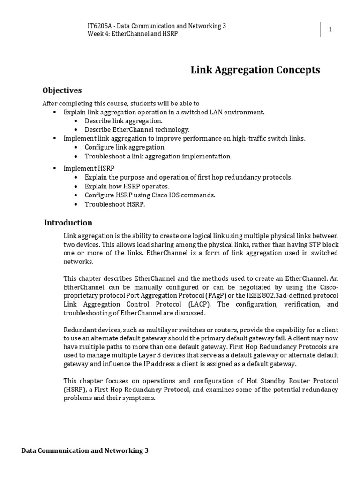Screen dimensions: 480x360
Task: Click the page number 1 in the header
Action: (x=330, y=30)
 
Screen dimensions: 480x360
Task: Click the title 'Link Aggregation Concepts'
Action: (x=255, y=70)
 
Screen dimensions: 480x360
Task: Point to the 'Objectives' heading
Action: (x=62, y=90)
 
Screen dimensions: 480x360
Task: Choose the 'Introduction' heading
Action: (x=68, y=223)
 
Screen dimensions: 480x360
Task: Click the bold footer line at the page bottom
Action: (x=85, y=450)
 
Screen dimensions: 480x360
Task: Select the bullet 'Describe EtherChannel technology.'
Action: (x=136, y=130)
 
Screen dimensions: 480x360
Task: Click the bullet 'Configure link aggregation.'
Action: (x=125, y=147)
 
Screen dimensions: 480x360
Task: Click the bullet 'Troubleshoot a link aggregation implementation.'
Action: (x=158, y=156)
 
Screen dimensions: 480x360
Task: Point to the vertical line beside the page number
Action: (x=321, y=30)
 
